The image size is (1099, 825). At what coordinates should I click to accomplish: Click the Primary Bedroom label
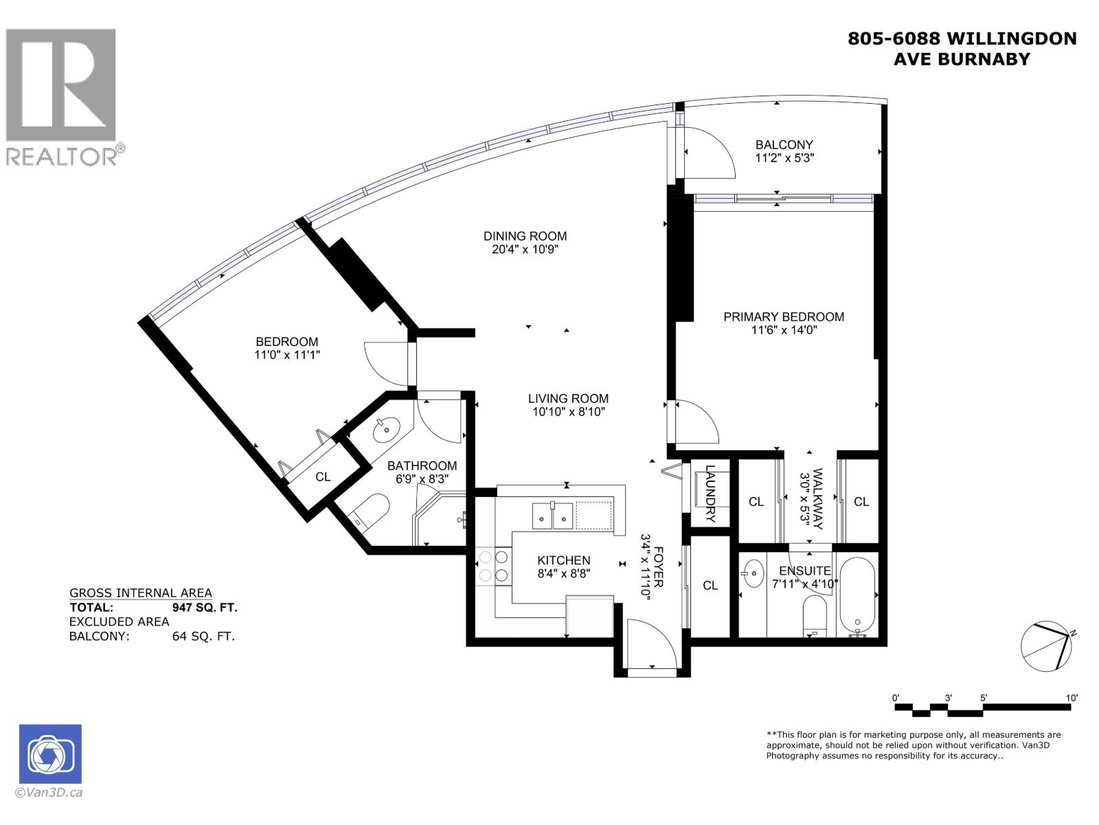pos(784,317)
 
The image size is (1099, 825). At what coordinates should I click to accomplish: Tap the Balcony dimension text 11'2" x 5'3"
pos(784,157)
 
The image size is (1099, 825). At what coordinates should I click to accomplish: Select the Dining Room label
pos(525,236)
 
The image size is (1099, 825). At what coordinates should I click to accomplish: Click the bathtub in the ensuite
pos(857,595)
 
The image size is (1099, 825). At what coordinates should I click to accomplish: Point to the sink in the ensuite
pos(754,573)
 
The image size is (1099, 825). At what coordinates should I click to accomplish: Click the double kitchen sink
pos(552,516)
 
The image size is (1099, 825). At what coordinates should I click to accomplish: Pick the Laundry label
pos(710,494)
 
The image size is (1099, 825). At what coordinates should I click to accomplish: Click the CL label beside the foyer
pos(710,585)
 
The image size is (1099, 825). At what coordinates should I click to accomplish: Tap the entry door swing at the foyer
pos(651,643)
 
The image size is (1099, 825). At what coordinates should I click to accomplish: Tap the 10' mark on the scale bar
pos(1072,697)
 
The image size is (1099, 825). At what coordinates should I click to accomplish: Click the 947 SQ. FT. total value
pos(204,608)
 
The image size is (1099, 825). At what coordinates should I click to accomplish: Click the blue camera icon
pos(51,753)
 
